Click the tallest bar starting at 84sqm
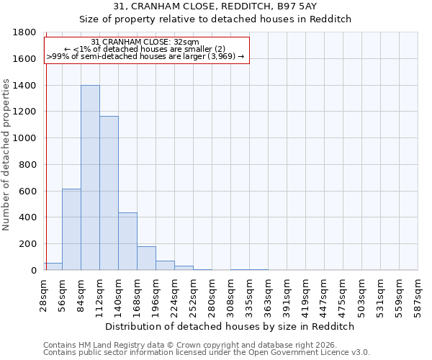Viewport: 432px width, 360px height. (x=90, y=178)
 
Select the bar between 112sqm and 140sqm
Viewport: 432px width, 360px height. (x=109, y=193)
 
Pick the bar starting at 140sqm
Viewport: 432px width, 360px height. (x=127, y=241)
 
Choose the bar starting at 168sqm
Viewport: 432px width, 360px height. (x=146, y=258)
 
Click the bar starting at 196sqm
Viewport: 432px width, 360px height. (x=165, y=265)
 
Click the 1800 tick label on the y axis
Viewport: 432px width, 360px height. (x=25, y=33)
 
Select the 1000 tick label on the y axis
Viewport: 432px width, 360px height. (x=25, y=138)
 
